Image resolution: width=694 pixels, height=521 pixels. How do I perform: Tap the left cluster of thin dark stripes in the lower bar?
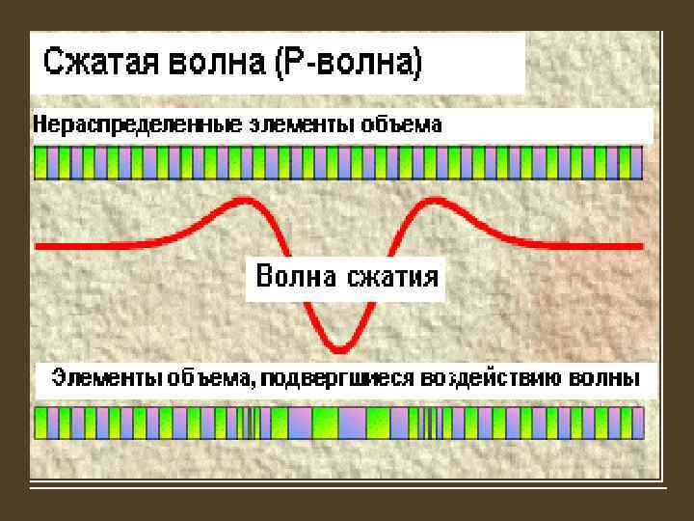[253, 423]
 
